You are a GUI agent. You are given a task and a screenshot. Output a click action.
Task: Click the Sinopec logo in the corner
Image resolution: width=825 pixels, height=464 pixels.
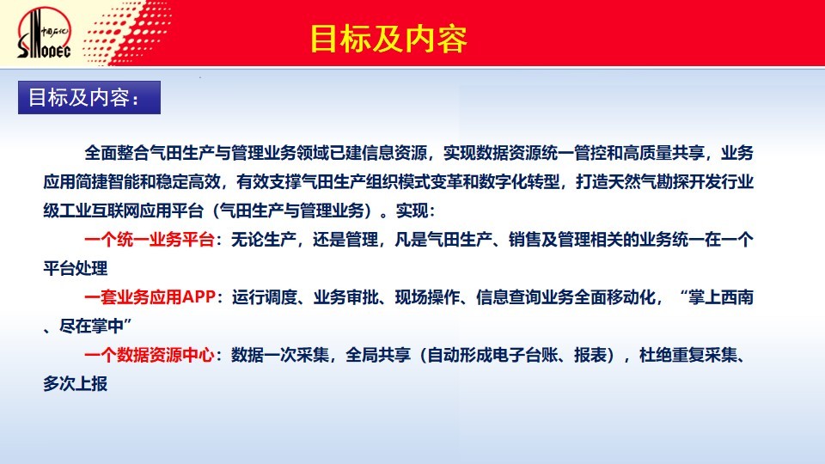point(44,33)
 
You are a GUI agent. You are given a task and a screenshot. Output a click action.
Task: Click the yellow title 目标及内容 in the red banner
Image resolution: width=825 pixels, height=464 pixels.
point(388,39)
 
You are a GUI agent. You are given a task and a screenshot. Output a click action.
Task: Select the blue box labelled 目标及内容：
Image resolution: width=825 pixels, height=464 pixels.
point(89,97)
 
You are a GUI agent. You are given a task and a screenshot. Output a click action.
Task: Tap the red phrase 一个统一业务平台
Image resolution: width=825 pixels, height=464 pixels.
point(150,240)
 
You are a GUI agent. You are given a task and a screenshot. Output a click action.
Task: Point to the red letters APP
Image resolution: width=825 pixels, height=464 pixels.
point(199,297)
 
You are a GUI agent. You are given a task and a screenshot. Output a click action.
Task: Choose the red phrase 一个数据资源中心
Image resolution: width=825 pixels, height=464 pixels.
point(150,355)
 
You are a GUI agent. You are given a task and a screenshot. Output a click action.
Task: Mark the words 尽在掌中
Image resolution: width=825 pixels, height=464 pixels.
point(92,327)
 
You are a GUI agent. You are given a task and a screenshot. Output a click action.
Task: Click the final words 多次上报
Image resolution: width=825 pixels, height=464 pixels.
point(76,384)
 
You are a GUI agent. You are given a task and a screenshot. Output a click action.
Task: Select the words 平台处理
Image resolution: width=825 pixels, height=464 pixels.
point(76,268)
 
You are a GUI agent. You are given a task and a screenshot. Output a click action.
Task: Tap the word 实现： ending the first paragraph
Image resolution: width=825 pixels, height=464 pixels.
point(416,211)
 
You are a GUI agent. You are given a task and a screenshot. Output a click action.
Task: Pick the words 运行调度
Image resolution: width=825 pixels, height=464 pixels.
point(265,297)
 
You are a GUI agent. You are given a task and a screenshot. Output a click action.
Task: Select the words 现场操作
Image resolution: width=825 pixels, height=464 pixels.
point(428,297)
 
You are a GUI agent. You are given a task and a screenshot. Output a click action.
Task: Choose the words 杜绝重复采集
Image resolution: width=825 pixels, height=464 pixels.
point(688,355)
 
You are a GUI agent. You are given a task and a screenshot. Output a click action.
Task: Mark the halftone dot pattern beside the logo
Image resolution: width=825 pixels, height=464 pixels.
point(126,33)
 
